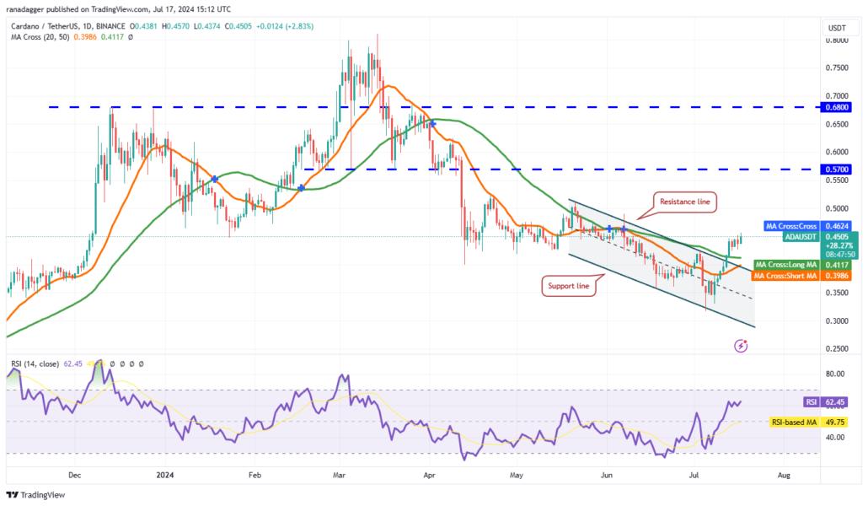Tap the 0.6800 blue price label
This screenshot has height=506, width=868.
point(837,107)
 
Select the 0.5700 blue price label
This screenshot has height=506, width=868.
point(837,169)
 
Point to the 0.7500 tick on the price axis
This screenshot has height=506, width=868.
point(837,67)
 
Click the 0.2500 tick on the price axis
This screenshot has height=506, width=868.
point(837,348)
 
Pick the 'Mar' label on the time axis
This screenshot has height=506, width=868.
point(340,475)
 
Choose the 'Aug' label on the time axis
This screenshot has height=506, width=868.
point(783,475)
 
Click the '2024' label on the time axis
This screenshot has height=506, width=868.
point(163,475)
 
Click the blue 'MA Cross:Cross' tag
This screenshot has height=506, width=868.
point(792,226)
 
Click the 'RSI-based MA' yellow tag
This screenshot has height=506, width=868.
point(794,421)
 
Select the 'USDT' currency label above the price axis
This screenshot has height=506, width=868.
point(836,28)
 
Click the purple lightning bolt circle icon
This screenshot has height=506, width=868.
point(741,346)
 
